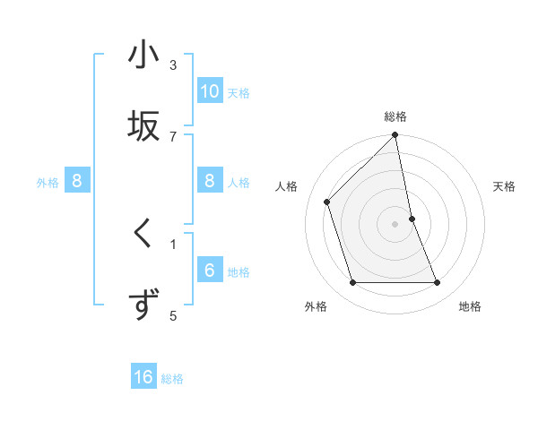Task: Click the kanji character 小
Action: click(x=143, y=56)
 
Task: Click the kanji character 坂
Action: click(x=143, y=125)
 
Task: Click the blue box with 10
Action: click(x=209, y=91)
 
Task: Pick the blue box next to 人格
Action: click(x=209, y=181)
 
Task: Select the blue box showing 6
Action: click(x=209, y=271)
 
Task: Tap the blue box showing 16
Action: click(x=143, y=377)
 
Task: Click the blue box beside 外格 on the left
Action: click(x=77, y=181)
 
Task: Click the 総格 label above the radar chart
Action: click(x=395, y=116)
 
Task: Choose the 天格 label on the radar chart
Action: click(x=504, y=186)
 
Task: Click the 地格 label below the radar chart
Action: click(x=470, y=306)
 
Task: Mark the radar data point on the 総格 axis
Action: click(x=395, y=136)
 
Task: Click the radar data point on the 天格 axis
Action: click(x=412, y=219)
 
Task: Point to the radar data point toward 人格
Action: click(x=327, y=202)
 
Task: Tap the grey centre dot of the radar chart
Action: click(x=395, y=224)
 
